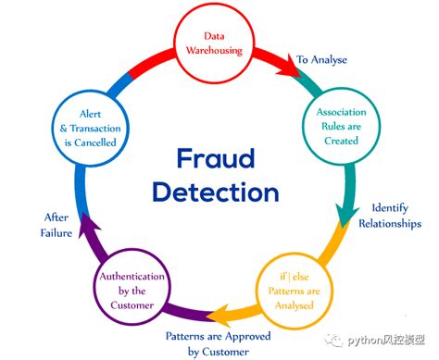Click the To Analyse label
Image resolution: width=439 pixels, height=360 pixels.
click(320, 59)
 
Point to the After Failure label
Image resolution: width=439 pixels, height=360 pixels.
click(56, 225)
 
